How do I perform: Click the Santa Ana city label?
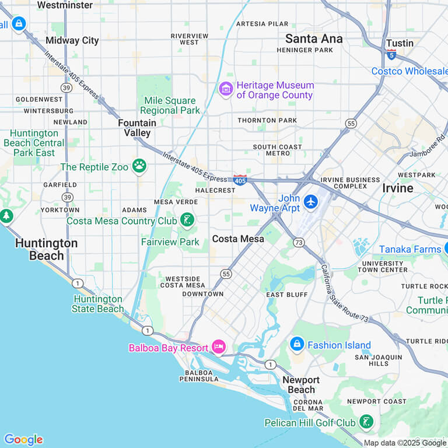314,38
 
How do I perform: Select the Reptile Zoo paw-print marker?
139,167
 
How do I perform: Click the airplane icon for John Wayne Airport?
311,202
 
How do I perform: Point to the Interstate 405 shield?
240,180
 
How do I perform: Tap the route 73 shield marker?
299,242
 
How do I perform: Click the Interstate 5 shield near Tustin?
391,54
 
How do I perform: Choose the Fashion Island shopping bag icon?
297,345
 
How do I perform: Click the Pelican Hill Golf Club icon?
366,422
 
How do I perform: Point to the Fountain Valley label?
137,128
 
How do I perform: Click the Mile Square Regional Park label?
170,106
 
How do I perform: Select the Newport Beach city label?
301,384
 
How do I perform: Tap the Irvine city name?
397,188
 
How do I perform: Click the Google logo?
23,439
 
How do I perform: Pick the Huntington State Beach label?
98,304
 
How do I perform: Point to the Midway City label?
72,40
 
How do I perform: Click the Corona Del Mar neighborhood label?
308,405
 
